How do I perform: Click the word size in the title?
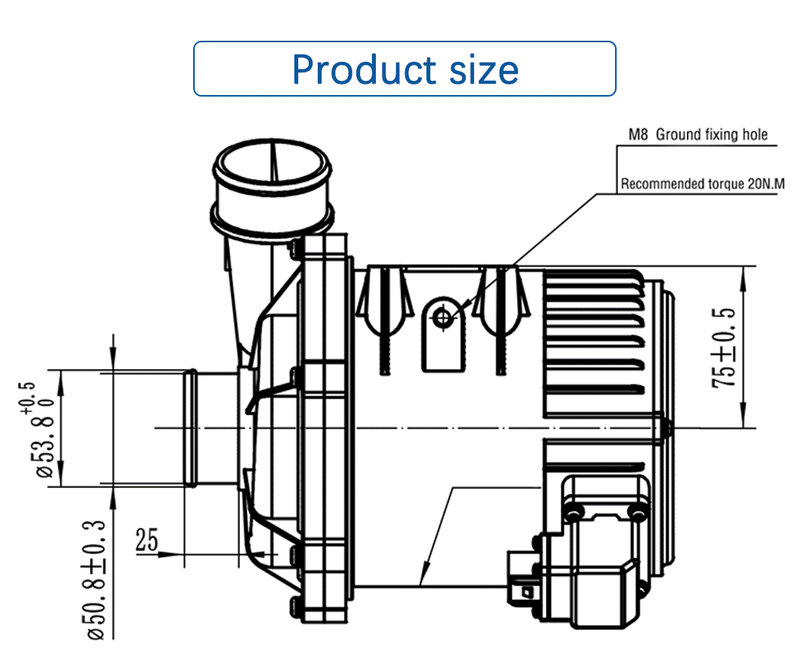pyautogui.click(x=484, y=69)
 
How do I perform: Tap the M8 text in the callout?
pyautogui.click(x=638, y=134)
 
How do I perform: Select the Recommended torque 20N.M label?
pyautogui.click(x=703, y=183)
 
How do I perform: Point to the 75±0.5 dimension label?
pyautogui.click(x=725, y=348)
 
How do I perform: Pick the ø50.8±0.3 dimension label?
pyautogui.click(x=96, y=579)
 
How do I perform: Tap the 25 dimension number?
pyautogui.click(x=147, y=540)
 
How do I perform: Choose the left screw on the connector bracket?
pyautogui.click(x=574, y=512)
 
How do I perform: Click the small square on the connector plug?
pyautogui.click(x=525, y=592)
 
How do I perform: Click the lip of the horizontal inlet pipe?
pyautogui.click(x=190, y=428)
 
